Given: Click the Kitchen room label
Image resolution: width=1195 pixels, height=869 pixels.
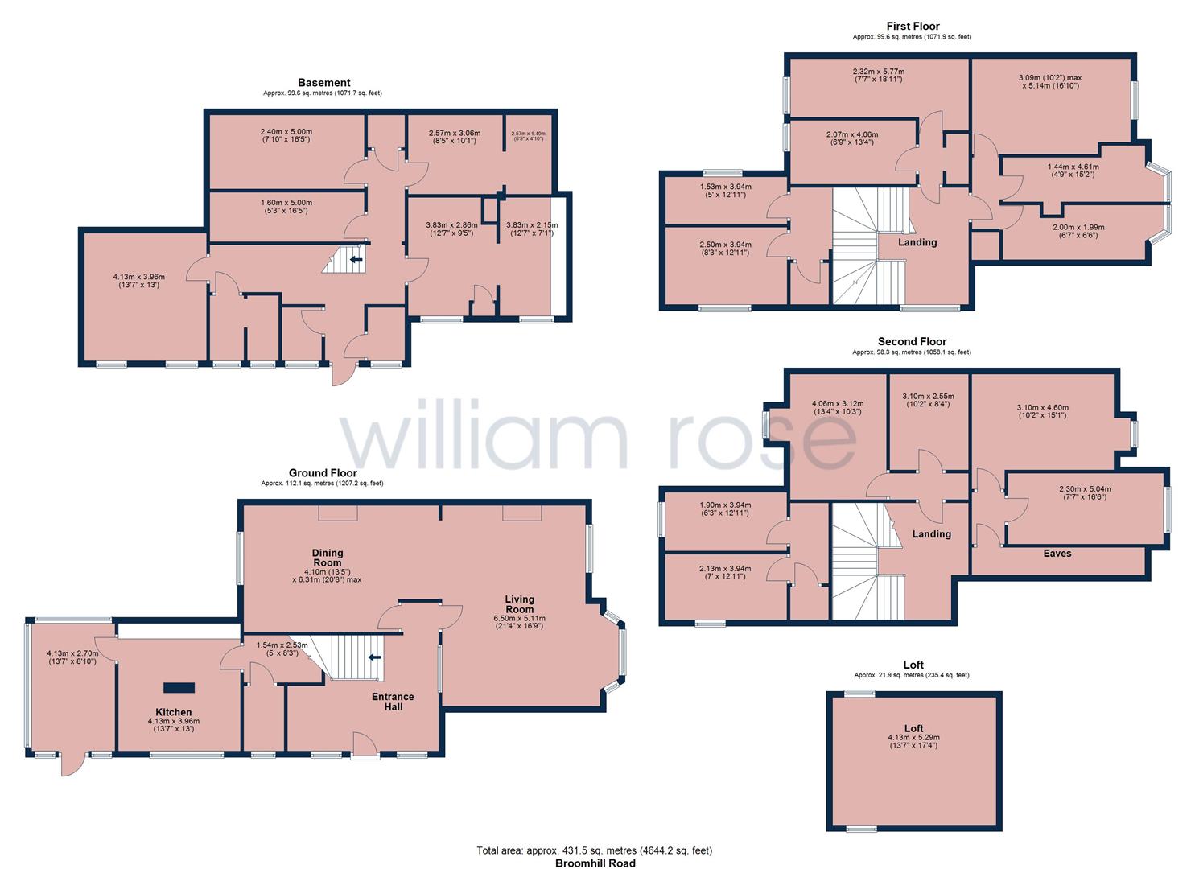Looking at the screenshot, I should (x=174, y=712).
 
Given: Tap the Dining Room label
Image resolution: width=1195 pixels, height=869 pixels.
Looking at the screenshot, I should (x=328, y=558).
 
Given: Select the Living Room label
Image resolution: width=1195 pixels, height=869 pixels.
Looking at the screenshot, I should (x=520, y=604).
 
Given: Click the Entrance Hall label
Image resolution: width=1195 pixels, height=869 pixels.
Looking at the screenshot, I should (x=393, y=702).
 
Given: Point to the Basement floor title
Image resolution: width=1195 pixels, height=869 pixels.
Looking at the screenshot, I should (x=323, y=82).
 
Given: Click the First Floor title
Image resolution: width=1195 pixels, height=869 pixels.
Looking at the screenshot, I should (x=912, y=27).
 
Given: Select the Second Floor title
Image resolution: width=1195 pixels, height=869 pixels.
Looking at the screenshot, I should (x=912, y=341).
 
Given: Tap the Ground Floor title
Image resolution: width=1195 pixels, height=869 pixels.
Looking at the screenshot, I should (x=323, y=473).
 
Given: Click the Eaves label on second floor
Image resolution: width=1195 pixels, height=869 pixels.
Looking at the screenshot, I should (x=1057, y=554).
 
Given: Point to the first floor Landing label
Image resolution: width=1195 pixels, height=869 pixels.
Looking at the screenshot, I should (x=917, y=242).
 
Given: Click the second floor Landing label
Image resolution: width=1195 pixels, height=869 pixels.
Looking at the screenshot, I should (x=932, y=534).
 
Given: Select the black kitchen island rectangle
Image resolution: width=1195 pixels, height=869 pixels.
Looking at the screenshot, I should (x=179, y=687).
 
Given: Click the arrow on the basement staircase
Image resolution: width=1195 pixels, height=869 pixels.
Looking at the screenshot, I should (x=356, y=259).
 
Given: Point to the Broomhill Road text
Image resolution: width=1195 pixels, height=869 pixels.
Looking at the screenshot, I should (x=595, y=863).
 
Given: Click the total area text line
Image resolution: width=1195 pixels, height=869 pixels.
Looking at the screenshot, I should (x=595, y=850).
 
